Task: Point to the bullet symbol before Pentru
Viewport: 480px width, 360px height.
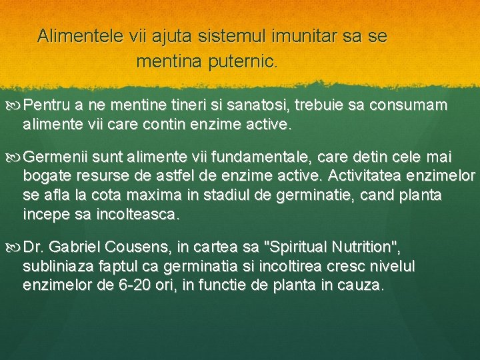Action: point(17,105)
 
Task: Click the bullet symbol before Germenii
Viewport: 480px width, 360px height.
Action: point(17,157)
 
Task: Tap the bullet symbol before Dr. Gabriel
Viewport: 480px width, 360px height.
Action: point(17,248)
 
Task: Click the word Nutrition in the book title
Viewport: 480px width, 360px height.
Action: point(365,248)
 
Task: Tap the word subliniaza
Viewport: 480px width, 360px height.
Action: point(55,267)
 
